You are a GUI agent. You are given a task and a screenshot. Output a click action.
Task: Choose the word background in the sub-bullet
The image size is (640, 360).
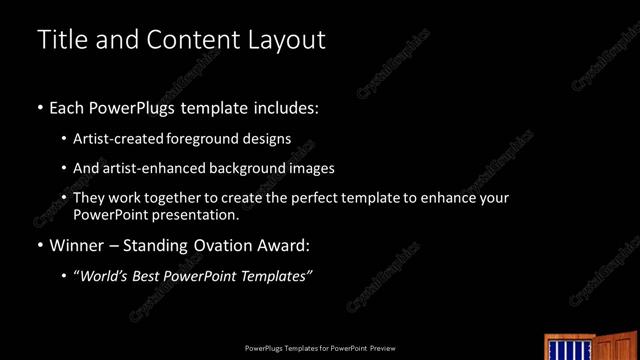click(240, 168)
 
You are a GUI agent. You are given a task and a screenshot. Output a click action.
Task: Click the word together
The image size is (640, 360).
click(173, 198)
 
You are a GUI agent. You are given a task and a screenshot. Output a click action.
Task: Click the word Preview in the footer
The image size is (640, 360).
click(383, 348)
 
